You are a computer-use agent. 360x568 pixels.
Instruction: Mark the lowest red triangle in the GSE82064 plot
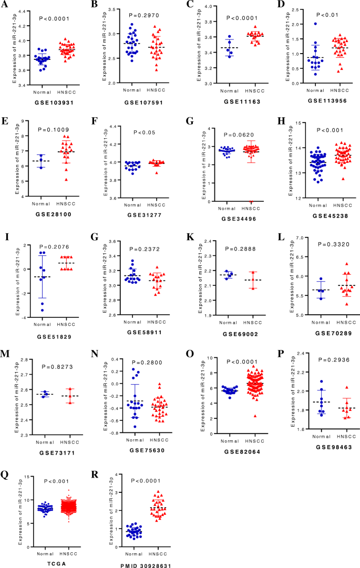pos(240,416)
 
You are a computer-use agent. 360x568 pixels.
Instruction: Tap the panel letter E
pos(6,120)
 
